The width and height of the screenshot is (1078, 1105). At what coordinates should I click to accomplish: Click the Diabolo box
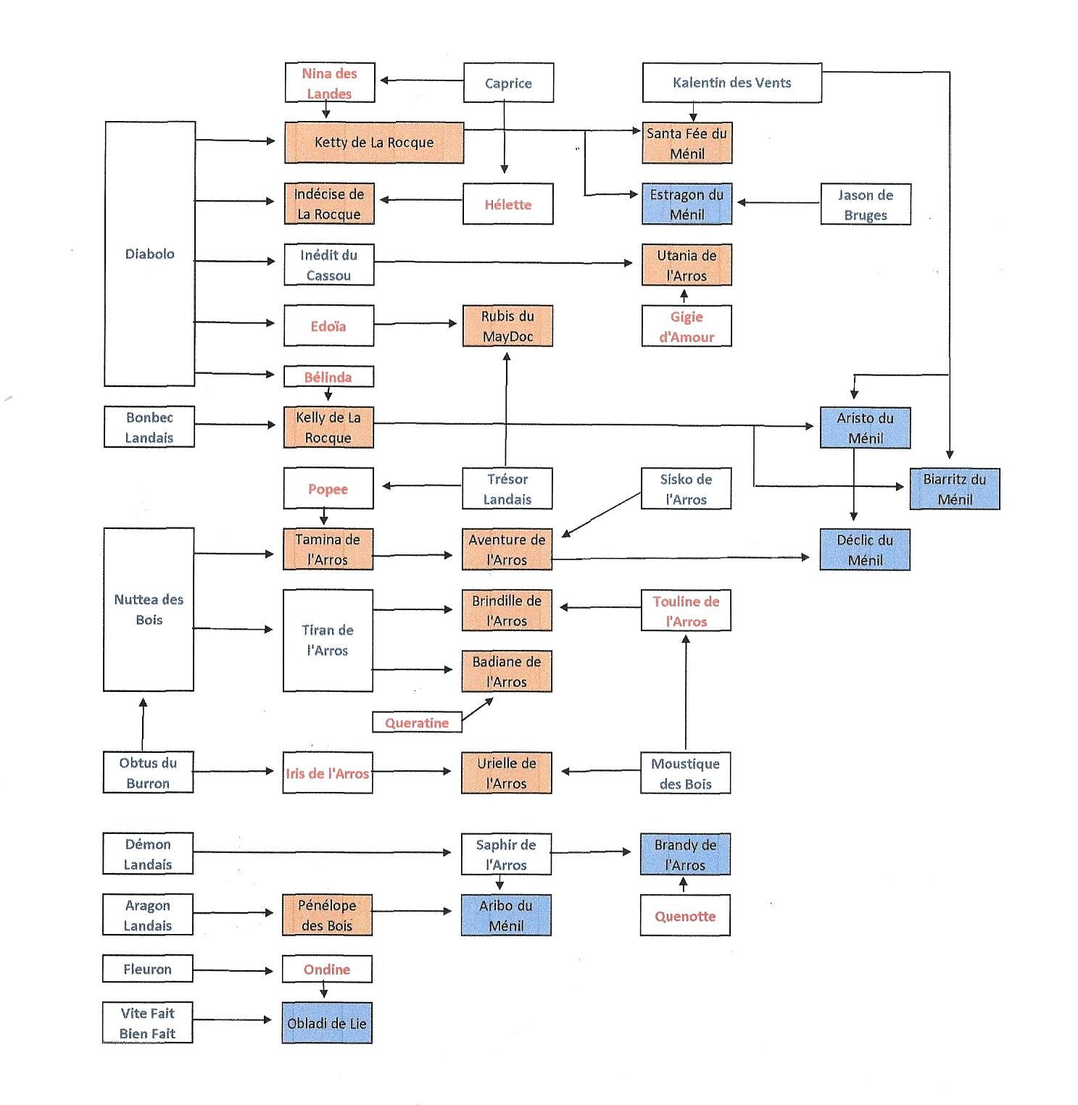coord(150,254)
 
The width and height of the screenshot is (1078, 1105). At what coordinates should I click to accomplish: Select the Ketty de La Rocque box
coord(373,142)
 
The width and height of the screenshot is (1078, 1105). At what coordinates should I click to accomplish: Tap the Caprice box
coord(508,83)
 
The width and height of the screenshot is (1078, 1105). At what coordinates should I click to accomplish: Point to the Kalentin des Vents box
coord(731,83)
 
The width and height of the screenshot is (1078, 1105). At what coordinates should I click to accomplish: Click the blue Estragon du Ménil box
coord(687,204)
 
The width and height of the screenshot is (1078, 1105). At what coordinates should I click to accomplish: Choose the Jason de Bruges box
coord(865,204)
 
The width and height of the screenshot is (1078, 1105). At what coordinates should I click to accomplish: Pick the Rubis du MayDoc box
coord(507,326)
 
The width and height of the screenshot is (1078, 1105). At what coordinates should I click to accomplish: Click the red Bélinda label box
coord(328,377)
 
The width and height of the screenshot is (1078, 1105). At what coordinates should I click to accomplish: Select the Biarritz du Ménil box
coord(954,489)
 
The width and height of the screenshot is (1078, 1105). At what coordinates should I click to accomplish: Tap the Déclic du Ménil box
coord(865,550)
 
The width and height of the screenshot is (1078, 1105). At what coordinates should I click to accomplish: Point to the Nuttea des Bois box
coord(149,609)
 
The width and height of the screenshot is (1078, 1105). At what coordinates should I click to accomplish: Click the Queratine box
coord(417,722)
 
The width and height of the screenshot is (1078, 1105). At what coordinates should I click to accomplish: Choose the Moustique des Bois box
coord(685,773)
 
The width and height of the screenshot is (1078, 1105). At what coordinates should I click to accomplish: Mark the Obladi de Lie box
coord(327,1023)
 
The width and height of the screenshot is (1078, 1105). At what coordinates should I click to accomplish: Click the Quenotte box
coord(685,916)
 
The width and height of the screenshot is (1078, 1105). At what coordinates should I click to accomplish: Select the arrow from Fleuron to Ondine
coord(237,970)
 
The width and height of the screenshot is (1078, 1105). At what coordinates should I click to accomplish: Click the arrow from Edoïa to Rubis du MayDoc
coord(418,323)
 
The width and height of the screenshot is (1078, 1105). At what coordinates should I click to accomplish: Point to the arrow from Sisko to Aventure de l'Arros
coord(601,514)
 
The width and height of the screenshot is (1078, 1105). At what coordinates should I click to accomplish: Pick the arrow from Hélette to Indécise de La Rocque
coord(421,200)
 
